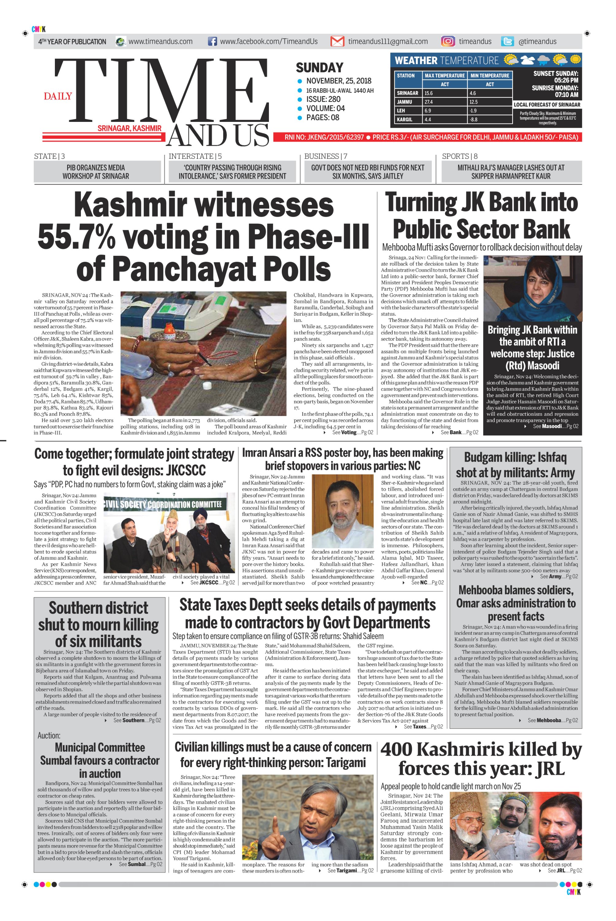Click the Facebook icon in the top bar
tap(212, 41)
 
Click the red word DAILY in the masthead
tap(58, 96)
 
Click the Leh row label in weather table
tap(401, 111)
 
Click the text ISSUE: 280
tap(323, 99)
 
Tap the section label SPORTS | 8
tap(459, 156)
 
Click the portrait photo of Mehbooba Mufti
tap(532, 288)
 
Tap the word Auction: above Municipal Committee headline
tap(49, 735)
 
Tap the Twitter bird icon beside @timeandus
tap(507, 41)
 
